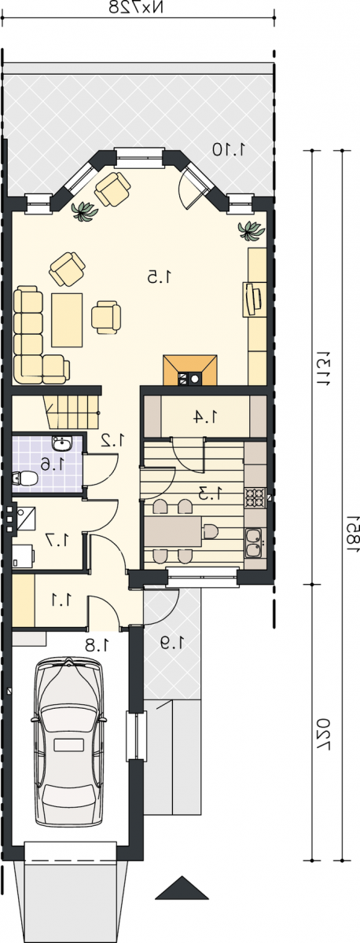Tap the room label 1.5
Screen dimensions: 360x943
click(x=160, y=277)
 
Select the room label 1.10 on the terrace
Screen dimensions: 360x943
click(x=230, y=149)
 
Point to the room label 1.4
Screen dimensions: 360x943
click(x=206, y=416)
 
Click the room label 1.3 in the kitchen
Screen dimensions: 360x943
click(x=210, y=493)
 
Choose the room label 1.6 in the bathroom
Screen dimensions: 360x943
click(x=53, y=464)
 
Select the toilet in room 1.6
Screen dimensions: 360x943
click(x=25, y=478)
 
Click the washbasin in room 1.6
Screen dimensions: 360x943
click(x=62, y=443)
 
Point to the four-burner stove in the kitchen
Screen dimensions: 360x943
click(x=255, y=497)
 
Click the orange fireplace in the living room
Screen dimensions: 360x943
click(x=190, y=370)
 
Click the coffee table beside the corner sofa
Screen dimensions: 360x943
click(x=67, y=320)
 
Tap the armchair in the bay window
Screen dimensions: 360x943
click(x=112, y=189)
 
